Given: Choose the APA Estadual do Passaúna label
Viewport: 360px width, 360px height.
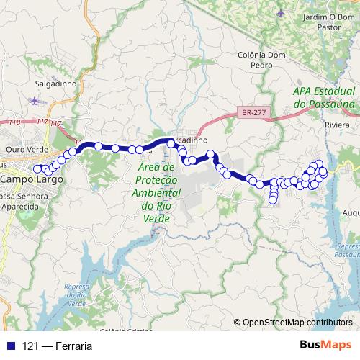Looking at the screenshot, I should pyautogui.click(x=324, y=98).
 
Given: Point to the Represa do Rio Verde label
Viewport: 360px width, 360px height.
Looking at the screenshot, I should pyautogui.click(x=76, y=296).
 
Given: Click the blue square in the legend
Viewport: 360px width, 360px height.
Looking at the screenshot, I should pyautogui.click(x=8, y=346).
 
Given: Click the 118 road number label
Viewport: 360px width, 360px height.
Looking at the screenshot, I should pyautogui.click(x=15, y=122).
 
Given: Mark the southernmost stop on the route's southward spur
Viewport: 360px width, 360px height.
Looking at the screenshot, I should pyautogui.click(x=274, y=201).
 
